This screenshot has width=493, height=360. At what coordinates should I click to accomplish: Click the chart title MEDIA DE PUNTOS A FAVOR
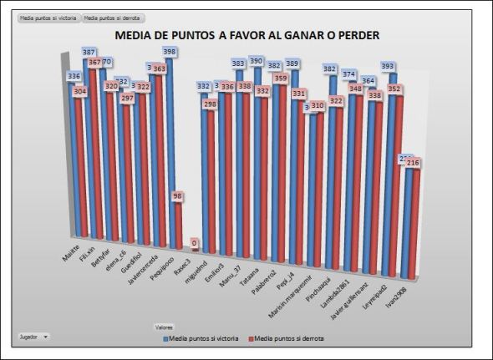click(246, 36)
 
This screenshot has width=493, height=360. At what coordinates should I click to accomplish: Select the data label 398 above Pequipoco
click(169, 52)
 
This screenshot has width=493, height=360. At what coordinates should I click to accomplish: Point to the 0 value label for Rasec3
click(194, 244)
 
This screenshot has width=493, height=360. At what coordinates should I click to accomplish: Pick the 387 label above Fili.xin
click(89, 52)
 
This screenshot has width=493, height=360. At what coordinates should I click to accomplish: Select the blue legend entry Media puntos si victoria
click(202, 338)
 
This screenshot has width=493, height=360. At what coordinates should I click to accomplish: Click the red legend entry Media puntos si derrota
click(287, 338)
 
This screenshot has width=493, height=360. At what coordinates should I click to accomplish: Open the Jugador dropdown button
click(33, 336)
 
